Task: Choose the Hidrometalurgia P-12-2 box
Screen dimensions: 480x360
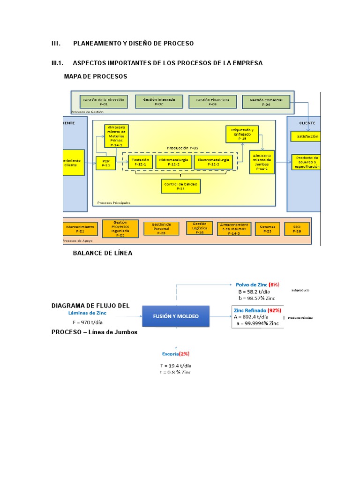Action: point(173,162)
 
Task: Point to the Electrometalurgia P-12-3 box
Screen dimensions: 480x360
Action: point(213,162)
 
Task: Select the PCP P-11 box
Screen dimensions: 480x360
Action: point(105,163)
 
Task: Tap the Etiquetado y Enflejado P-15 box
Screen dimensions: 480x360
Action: point(242,134)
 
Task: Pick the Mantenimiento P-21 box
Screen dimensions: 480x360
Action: point(80,229)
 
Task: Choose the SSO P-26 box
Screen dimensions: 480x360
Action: point(296,229)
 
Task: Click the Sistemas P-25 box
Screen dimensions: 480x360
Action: point(267,229)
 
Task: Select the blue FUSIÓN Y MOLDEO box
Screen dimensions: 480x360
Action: point(176,316)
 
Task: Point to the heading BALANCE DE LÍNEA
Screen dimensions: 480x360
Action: point(103,253)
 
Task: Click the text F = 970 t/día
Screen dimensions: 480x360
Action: point(87,322)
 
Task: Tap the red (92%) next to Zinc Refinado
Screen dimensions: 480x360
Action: point(274,310)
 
